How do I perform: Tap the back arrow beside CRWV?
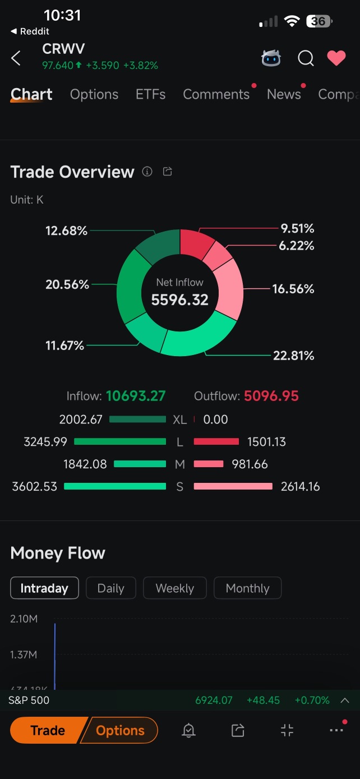[16, 58]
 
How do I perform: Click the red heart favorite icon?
[336, 58]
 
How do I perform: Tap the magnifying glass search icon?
[306, 58]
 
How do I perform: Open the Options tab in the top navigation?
[94, 94]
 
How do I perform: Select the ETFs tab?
[150, 94]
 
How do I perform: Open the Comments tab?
[216, 94]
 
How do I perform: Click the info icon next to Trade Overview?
[147, 172]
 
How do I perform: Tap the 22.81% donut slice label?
[294, 356]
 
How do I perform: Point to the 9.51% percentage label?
[297, 228]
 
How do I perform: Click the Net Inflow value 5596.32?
[180, 300]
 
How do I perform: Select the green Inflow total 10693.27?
[136, 396]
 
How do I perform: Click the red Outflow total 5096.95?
[271, 396]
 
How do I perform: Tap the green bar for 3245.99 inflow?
[120, 442]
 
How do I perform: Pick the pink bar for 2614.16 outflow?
[233, 486]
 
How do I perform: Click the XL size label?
[180, 420]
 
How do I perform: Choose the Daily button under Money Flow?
[110, 588]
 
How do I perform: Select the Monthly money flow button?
[247, 588]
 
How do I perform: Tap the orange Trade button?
[47, 730]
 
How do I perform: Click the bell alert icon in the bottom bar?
[188, 730]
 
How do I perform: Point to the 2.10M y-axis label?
[24, 619]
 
